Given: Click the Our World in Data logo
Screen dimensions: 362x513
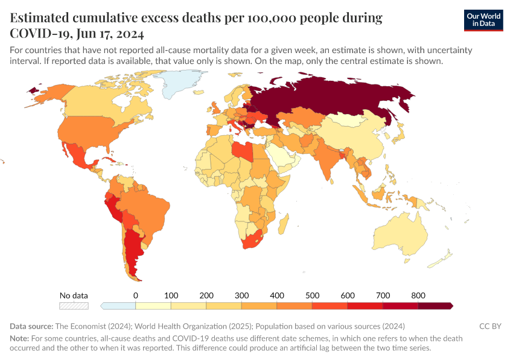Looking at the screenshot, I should [483, 20].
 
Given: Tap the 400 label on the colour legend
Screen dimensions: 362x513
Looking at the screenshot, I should [276, 296].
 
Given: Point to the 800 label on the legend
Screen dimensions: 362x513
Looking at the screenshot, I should [418, 296].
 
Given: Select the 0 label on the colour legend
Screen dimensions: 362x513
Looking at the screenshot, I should [135, 296].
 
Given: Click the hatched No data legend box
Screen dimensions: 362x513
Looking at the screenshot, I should [74, 306].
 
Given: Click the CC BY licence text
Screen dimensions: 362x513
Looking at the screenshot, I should [490, 326].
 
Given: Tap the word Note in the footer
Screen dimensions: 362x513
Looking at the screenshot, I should [19, 338].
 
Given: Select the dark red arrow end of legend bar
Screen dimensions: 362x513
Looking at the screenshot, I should [450, 306].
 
